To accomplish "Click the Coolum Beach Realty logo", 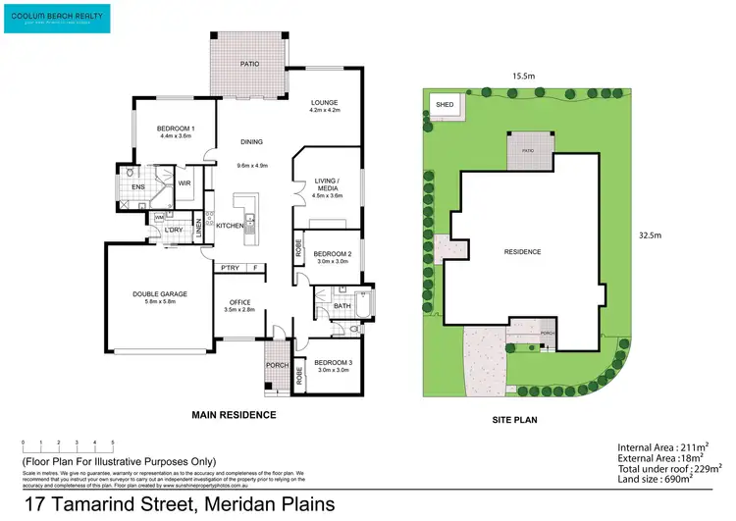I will point(57,18).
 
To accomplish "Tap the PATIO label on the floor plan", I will point(249,64).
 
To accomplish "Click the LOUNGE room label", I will point(325,102).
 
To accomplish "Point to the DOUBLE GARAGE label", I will point(160,293).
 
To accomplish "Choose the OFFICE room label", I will point(240,302).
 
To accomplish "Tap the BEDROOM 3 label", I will point(332,362).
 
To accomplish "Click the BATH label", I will point(342,306).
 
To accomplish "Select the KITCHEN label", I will point(229,227).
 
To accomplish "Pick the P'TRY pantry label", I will point(231,267).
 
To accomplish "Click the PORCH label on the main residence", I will point(277,366).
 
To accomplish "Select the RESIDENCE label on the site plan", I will point(522,252).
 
